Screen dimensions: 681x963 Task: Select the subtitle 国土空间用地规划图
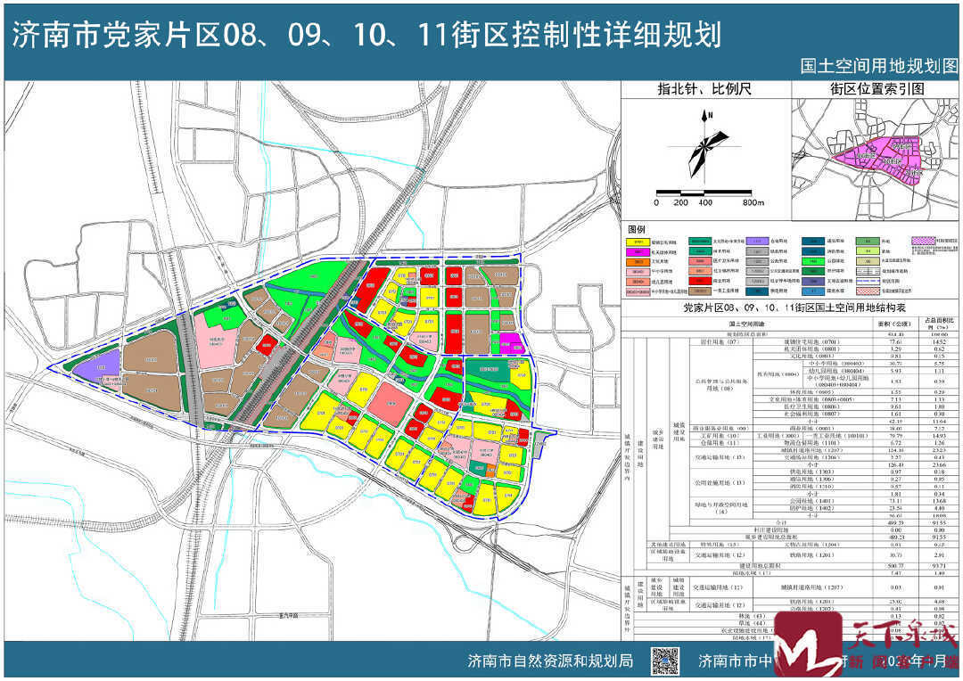[878, 67]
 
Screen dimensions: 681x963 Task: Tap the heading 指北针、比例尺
[704, 89]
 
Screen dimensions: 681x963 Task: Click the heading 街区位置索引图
[877, 89]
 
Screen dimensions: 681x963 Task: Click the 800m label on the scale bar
[753, 203]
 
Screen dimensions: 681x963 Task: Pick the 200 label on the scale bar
[681, 203]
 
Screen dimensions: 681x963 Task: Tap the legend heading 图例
[636, 229]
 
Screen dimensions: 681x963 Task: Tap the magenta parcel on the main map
[509, 343]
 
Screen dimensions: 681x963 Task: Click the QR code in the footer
[663, 661]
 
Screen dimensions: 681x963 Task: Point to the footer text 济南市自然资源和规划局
[550, 661]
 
